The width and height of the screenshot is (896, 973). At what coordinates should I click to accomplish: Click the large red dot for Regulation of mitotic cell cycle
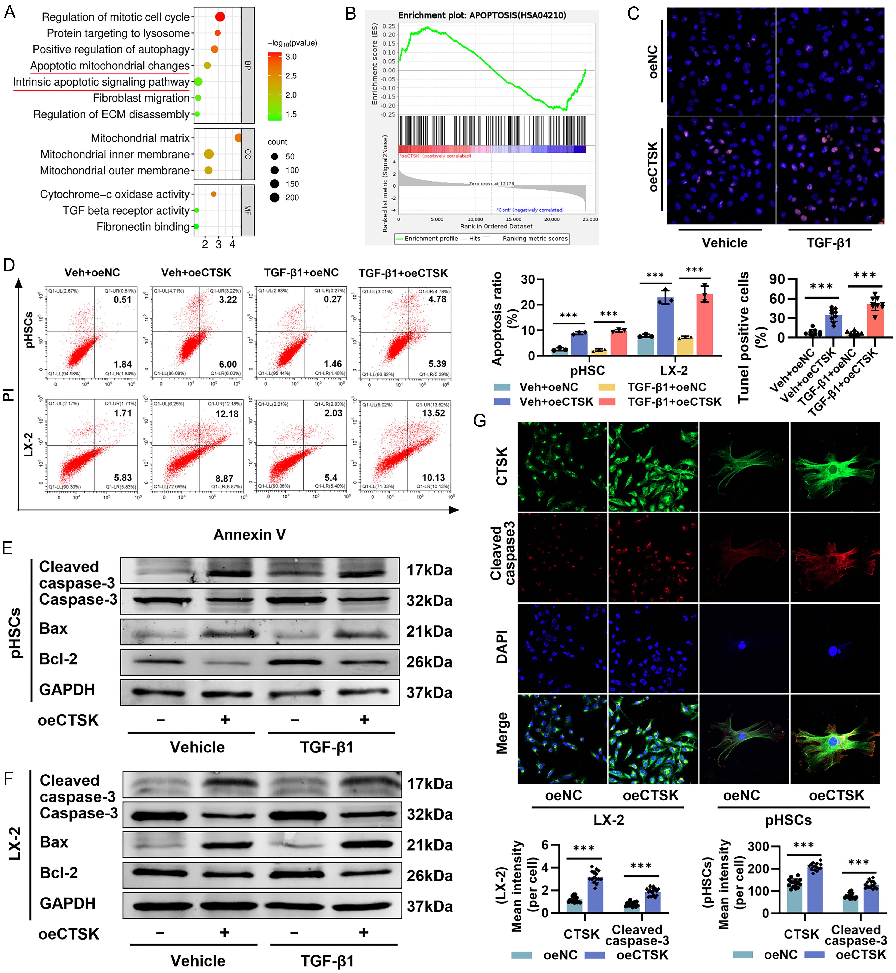point(220,17)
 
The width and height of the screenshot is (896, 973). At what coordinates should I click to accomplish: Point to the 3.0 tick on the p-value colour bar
point(291,57)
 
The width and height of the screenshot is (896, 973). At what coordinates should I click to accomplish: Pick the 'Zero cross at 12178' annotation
point(491,184)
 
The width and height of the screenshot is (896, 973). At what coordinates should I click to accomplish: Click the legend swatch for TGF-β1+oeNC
point(607,387)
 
